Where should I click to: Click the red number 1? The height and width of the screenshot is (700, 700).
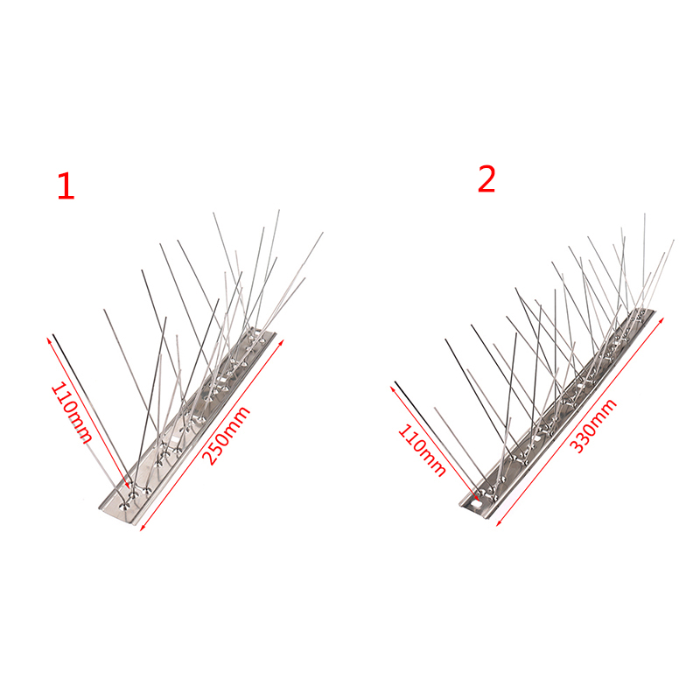click(66, 186)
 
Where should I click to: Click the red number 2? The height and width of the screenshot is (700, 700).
click(486, 179)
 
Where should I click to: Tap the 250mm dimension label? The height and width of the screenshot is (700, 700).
click(226, 435)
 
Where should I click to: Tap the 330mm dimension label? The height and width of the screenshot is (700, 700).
click(594, 425)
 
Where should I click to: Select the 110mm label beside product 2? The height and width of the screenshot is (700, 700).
click(422, 450)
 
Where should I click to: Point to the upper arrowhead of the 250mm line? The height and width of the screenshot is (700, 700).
click(282, 342)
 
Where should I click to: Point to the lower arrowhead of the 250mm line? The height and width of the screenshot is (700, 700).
click(143, 528)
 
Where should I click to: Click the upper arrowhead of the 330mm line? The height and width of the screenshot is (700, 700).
click(661, 319)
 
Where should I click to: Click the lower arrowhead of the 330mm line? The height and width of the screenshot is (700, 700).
click(499, 523)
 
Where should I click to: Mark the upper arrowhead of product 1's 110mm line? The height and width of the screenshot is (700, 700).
click(49, 340)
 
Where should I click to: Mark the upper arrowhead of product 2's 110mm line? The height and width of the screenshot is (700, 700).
click(393, 389)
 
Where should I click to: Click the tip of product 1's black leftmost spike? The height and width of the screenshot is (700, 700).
click(53, 335)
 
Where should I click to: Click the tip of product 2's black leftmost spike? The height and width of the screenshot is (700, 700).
click(395, 382)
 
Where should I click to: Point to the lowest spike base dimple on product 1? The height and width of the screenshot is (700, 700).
click(124, 507)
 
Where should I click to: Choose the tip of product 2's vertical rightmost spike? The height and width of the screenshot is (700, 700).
click(645, 213)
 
